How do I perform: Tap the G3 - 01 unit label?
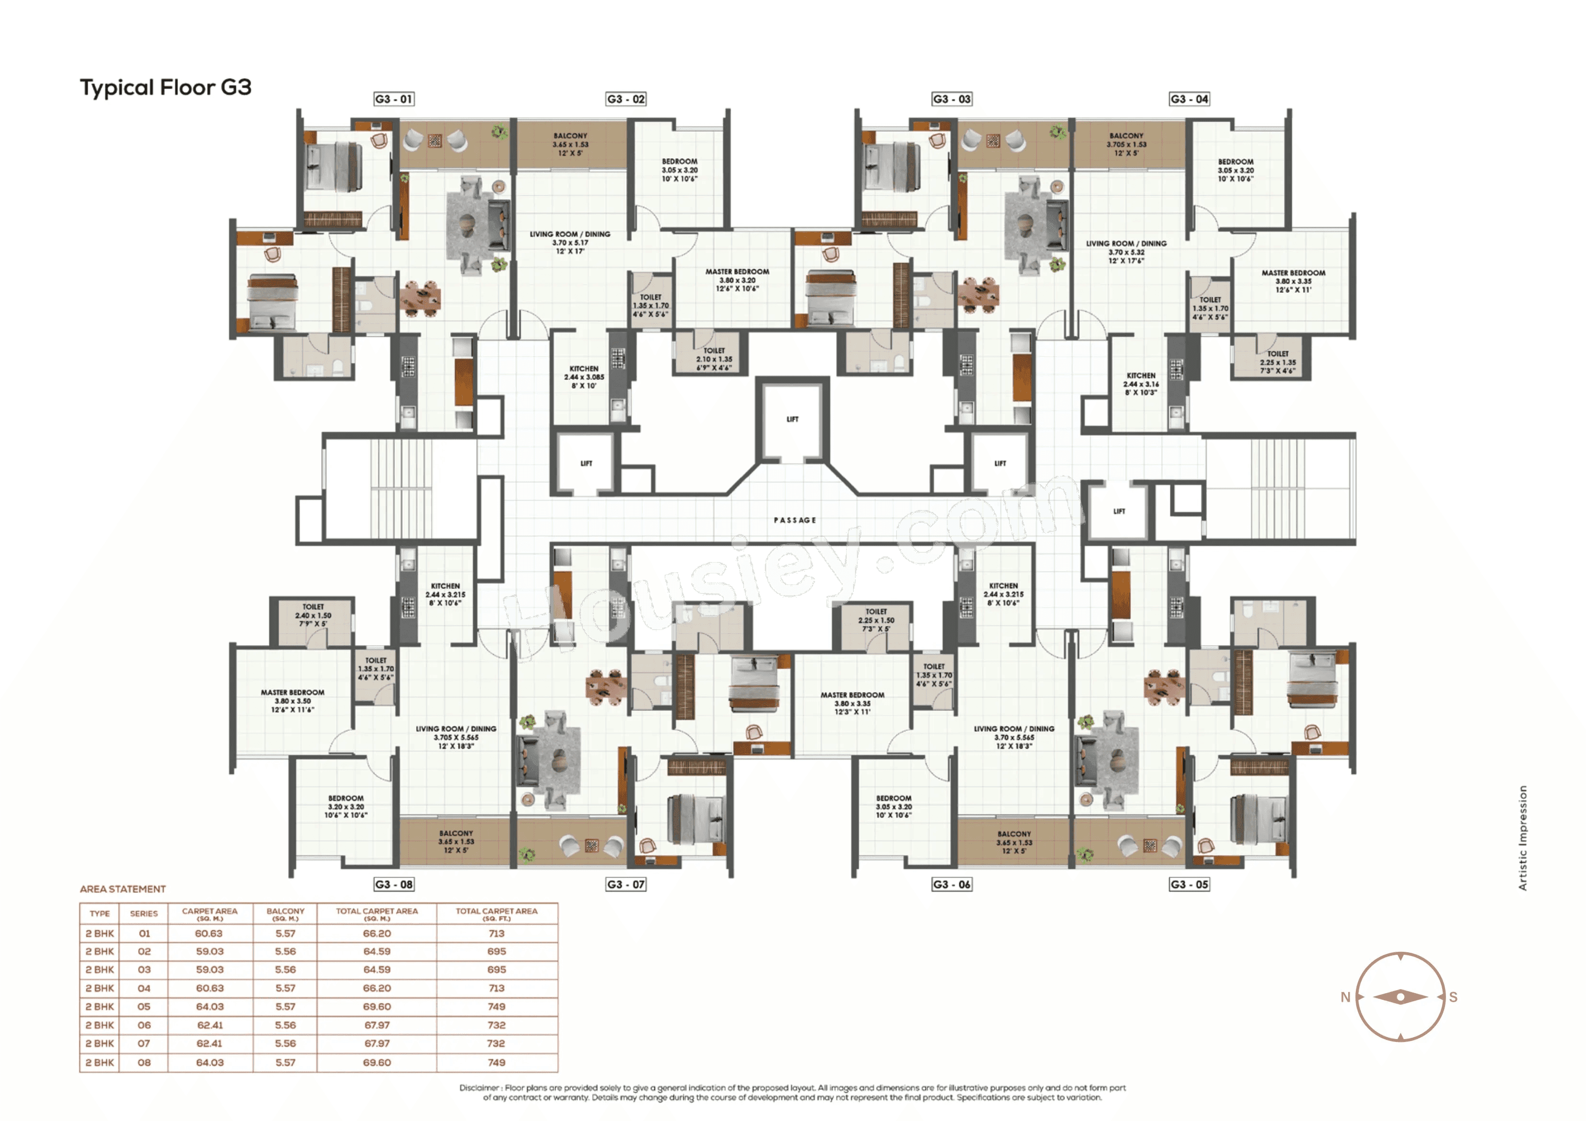pos(393,99)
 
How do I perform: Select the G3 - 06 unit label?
pos(951,884)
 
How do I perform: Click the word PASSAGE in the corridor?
pos(794,520)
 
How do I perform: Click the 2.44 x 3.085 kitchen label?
pos(583,377)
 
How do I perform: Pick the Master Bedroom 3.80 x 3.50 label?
pos(292,700)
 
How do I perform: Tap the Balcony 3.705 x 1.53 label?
pos(1126,144)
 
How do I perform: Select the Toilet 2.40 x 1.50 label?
pos(313,615)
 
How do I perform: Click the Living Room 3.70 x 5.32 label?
pos(1126,252)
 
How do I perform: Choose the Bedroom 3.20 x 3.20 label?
pos(345,806)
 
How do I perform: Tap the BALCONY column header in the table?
pos(285,913)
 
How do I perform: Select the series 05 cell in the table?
pos(144,1006)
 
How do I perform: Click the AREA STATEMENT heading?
pos(123,889)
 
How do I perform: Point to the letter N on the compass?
pos(1344,997)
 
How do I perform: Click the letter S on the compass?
pos(1453,997)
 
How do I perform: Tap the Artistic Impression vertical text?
pos(1522,837)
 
